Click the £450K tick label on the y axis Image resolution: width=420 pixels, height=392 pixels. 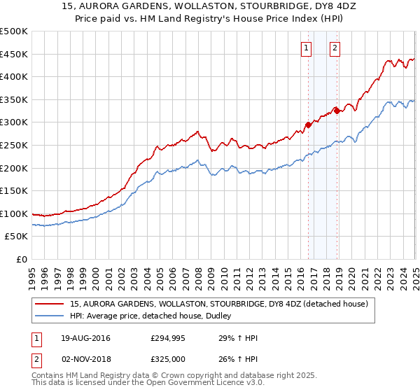pyautogui.click(x=14, y=54)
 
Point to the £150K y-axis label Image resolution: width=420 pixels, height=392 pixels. pyautogui.click(x=14, y=190)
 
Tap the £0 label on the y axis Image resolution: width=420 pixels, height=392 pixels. pyautogui.click(x=22, y=259)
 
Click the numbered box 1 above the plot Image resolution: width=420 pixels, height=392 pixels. pyautogui.click(x=307, y=48)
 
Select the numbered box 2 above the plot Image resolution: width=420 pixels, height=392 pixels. pyautogui.click(x=335, y=48)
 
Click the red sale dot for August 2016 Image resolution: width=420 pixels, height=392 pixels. pyautogui.click(x=308, y=125)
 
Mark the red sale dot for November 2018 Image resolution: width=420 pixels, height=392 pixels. pyautogui.click(x=337, y=109)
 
